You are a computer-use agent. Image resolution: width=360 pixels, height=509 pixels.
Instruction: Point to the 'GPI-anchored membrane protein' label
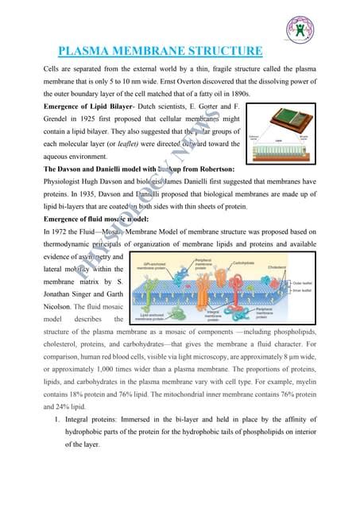click(x=150, y=266)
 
